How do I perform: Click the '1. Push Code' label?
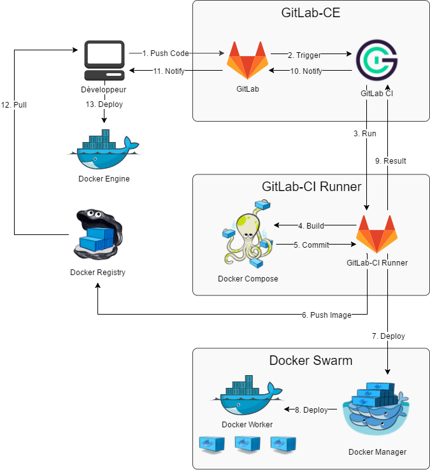(x=166, y=53)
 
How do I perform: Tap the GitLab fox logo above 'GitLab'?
(x=248, y=61)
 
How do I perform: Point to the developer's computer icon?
(x=104, y=60)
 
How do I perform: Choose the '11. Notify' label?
(x=169, y=71)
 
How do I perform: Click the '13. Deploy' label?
(x=104, y=104)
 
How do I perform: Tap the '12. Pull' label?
(x=14, y=105)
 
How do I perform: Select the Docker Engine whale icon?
(x=103, y=150)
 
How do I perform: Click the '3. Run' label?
(x=364, y=134)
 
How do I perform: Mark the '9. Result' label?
(x=390, y=161)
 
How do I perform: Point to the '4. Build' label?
(x=311, y=225)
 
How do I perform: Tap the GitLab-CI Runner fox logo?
(x=376, y=234)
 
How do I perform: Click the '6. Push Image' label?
(x=326, y=315)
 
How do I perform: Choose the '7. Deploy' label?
(x=388, y=336)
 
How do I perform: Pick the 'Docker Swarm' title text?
(x=310, y=360)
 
